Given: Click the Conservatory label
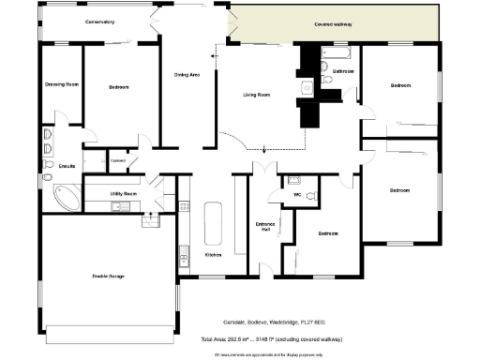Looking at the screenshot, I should pyautogui.click(x=99, y=21).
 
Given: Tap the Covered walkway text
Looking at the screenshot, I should pyautogui.click(x=334, y=23).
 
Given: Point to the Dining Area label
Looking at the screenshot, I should pyautogui.click(x=187, y=74).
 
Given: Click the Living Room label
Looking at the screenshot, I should pyautogui.click(x=257, y=95).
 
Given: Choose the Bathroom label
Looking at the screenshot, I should pyautogui.click(x=342, y=71).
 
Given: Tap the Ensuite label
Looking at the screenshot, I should pyautogui.click(x=67, y=166).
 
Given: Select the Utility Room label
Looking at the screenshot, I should pyautogui.click(x=124, y=193).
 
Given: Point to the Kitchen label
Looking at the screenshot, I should pyautogui.click(x=213, y=254).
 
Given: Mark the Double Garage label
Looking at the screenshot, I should pyautogui.click(x=109, y=276).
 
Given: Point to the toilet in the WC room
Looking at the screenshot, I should pyautogui.click(x=293, y=180).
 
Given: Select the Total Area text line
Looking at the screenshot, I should pyautogui.click(x=265, y=338).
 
